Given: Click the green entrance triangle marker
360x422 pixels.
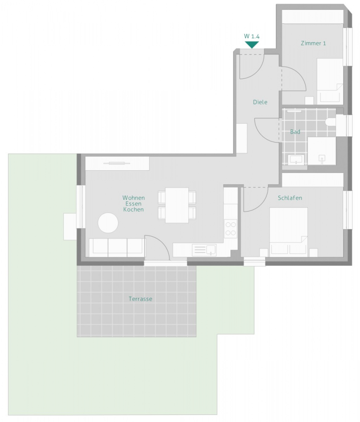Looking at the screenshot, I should coord(252,45).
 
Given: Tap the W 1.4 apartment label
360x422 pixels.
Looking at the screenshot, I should coord(252,36).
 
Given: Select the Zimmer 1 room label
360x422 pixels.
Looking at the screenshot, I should coord(313,43).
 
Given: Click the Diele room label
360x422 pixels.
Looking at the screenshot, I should coord(260,102).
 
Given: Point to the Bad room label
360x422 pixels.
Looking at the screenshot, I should coord(295,132).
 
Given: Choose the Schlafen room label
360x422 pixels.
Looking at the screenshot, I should coord(290,198).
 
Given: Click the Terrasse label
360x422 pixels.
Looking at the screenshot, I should coord(140,299).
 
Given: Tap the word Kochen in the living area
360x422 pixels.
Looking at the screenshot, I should coord(133,210).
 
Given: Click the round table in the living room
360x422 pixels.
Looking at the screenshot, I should coord(108,222).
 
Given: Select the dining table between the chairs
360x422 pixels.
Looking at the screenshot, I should coord(176,205).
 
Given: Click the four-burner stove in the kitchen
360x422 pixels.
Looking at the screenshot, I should coord(230,228).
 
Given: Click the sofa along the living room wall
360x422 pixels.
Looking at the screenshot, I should coord(117,247).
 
